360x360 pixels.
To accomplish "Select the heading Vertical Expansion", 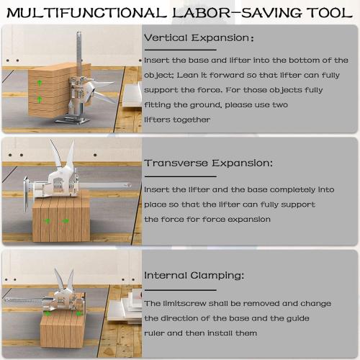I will pyautogui.click(x=198, y=37).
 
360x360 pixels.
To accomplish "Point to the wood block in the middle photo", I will pyautogui.click(x=61, y=220).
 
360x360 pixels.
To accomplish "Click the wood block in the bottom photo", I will pyautogui.click(x=68, y=328).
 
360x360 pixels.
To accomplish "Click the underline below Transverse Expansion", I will pyautogui.click(x=180, y=176).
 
